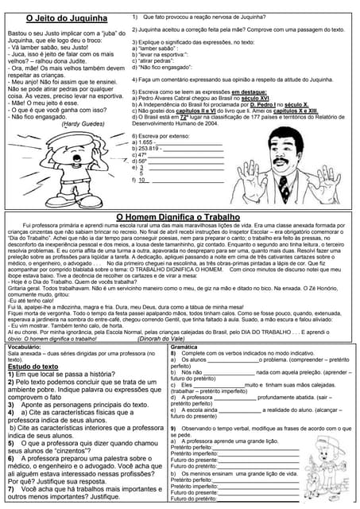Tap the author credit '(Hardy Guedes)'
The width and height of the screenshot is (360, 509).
point(83,124)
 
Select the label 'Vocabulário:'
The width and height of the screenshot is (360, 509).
point(26,348)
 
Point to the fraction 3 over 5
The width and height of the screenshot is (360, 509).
point(141,170)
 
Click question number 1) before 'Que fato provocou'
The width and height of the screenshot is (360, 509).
point(136,16)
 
